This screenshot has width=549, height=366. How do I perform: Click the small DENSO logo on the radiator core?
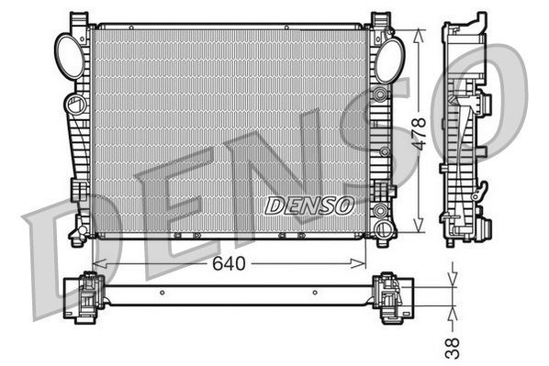click(x=308, y=205)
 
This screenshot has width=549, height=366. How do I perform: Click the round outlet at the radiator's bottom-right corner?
click(x=382, y=233)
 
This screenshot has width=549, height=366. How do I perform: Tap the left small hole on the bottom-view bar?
click(x=162, y=294)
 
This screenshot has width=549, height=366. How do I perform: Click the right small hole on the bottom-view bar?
click(x=315, y=294)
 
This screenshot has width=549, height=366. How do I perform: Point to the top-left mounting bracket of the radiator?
click(x=81, y=20)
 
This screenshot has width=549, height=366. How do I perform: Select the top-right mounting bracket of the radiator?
click(x=380, y=20)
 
